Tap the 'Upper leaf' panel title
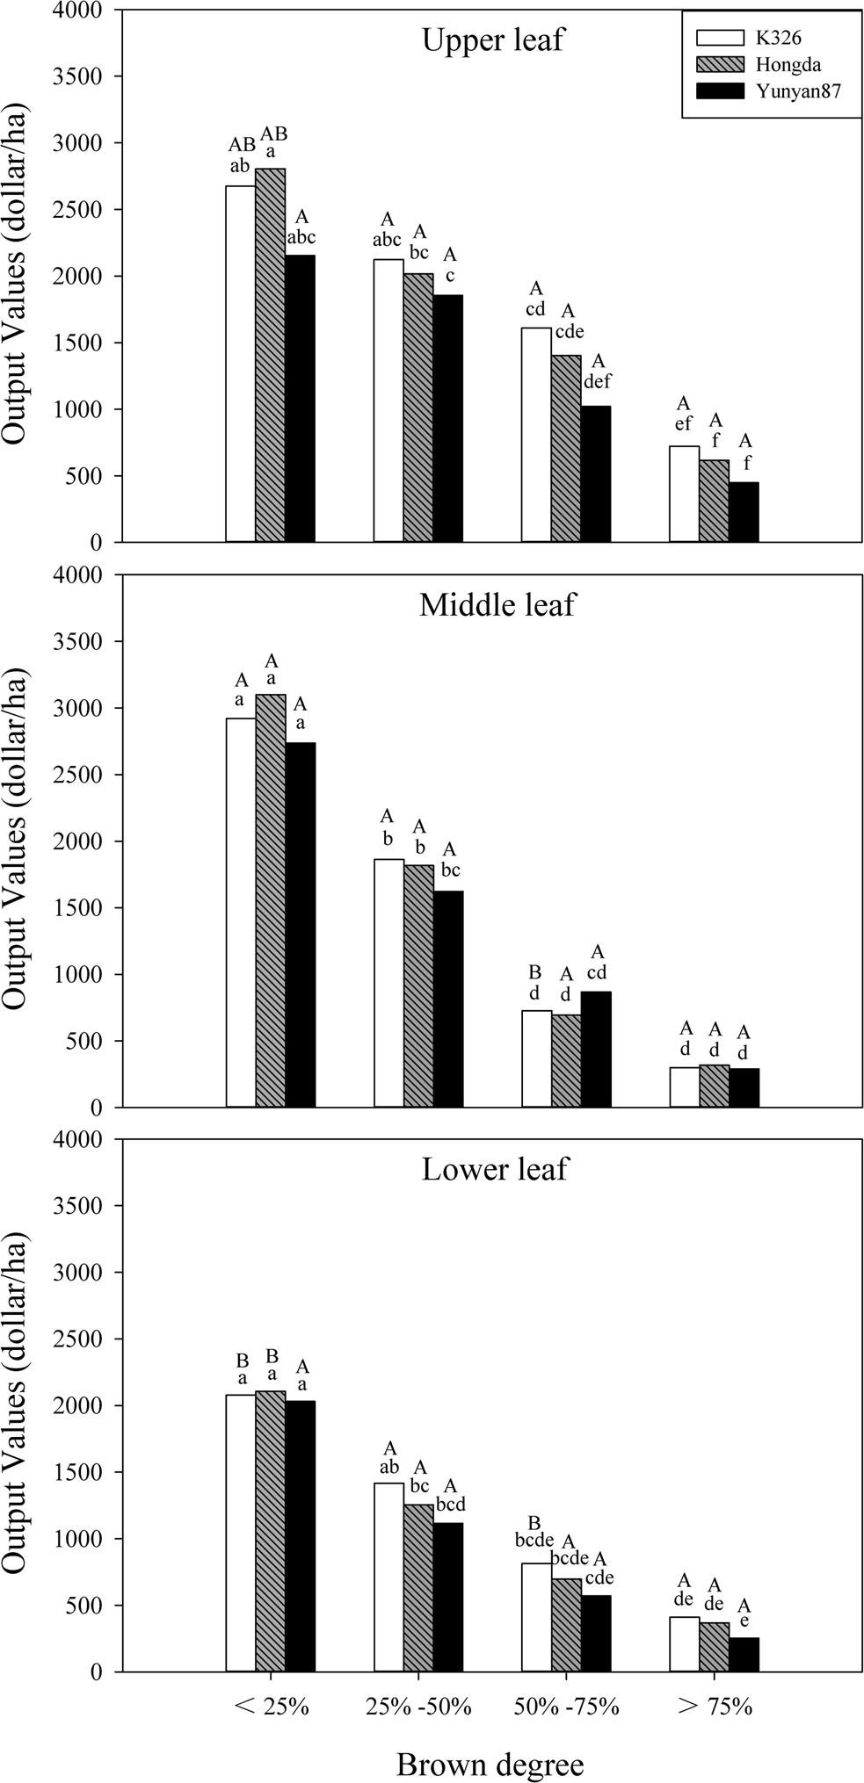pyautogui.click(x=492, y=40)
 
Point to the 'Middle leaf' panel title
pyautogui.click(x=497, y=605)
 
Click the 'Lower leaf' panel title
pyautogui.click(x=495, y=1170)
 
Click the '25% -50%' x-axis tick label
pyautogui.click(x=418, y=1708)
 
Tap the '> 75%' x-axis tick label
pyautogui.click(x=715, y=1708)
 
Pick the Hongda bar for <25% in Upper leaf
pyautogui.click(x=271, y=355)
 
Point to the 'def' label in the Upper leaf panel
pyautogui.click(x=597, y=381)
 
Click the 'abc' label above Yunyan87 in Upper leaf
pyautogui.click(x=301, y=236)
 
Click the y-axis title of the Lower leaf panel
pyautogui.click(x=19, y=1405)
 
